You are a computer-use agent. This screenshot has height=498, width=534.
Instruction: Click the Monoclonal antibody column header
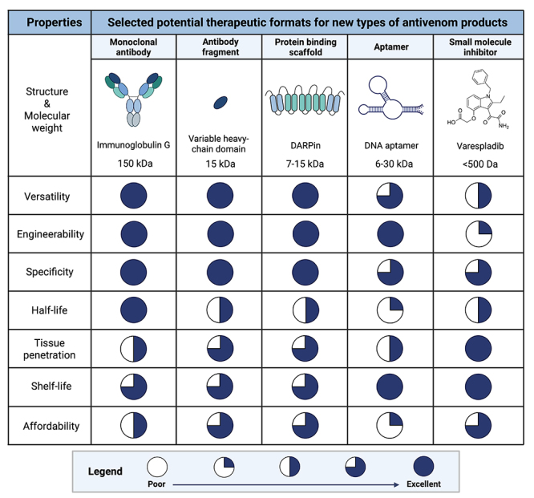(x=133, y=47)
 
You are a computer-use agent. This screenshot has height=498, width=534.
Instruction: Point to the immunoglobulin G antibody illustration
(x=133, y=96)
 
